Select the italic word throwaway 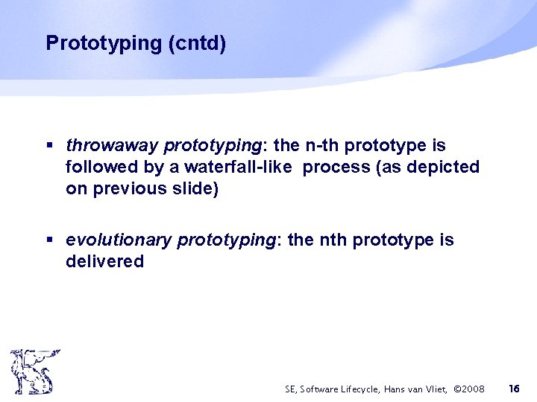pyautogui.click(x=112, y=145)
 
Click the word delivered pyautogui.click(x=104, y=261)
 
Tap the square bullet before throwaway pyautogui.click(x=49, y=145)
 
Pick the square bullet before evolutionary pyautogui.click(x=49, y=240)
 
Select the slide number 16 pyautogui.click(x=514, y=388)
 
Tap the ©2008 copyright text pyautogui.click(x=469, y=389)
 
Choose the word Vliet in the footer pyautogui.click(x=436, y=389)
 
